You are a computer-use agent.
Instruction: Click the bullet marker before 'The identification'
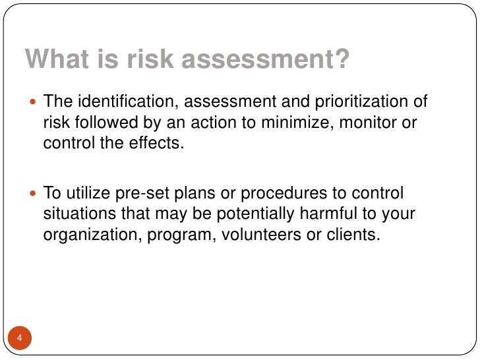(x=34, y=104)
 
